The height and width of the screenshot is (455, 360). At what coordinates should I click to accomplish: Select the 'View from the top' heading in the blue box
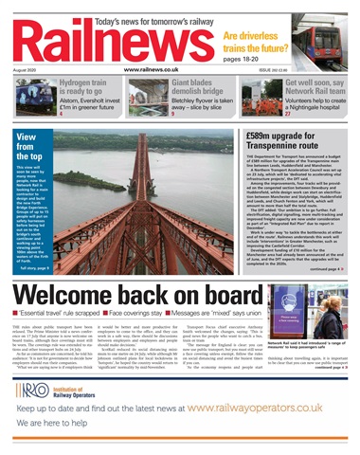[34, 150]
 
